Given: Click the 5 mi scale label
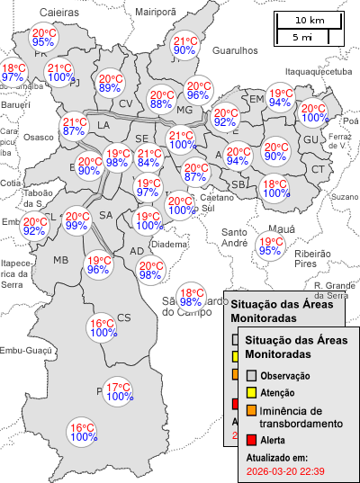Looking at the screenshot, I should click(x=301, y=37).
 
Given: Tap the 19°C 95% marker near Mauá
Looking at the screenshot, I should click(x=270, y=246).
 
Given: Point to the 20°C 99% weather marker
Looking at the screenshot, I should click(x=76, y=220).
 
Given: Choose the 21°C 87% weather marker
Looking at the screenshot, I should click(x=75, y=127).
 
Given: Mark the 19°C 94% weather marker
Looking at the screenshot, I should click(x=280, y=98).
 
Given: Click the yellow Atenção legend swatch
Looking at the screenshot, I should click(x=252, y=393).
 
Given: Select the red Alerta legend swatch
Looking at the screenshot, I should click(x=252, y=440).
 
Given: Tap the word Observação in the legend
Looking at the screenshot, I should click(x=285, y=375).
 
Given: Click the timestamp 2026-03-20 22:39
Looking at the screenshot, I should click(x=285, y=470).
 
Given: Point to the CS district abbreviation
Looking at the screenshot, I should click(x=124, y=317).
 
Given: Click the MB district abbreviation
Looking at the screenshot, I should click(x=60, y=260).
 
